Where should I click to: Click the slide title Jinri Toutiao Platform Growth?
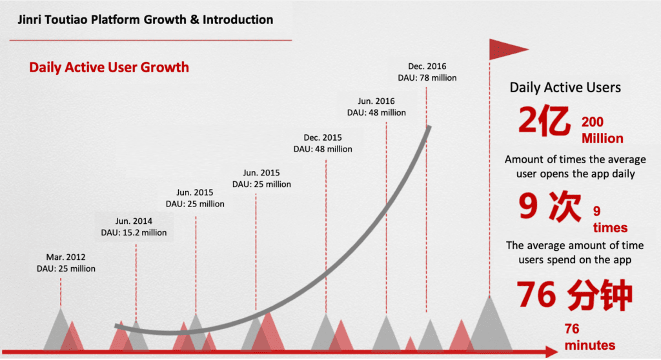[145, 20]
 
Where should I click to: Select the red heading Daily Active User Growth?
[109, 67]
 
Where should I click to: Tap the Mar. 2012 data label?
[66, 263]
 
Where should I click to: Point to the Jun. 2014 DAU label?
[134, 227]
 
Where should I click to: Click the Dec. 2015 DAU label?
[323, 143]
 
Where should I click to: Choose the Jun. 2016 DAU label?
[376, 106]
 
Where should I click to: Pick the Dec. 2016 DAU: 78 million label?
[427, 72]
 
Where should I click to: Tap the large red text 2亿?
[544, 121]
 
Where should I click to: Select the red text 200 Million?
[602, 130]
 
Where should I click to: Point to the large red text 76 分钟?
[575, 295]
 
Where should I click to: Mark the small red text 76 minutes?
[590, 337]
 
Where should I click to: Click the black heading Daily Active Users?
[565, 87]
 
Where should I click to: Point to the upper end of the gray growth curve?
[429, 126]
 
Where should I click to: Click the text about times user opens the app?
[575, 166]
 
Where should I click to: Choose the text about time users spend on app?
[575, 252]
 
